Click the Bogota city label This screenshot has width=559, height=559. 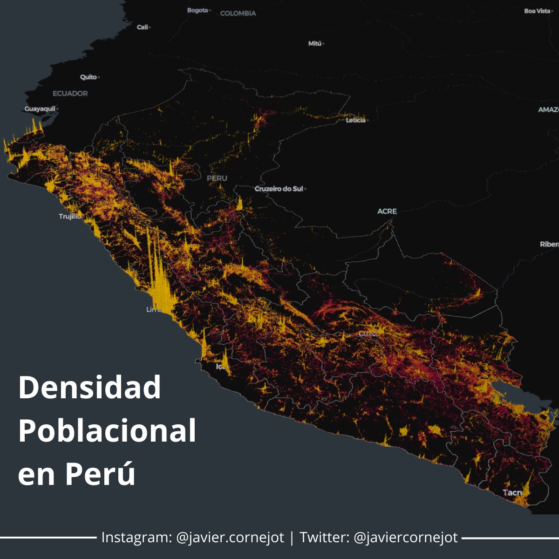(x=198, y=10)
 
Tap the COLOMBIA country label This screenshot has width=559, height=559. (x=238, y=14)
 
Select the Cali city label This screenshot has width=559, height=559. (x=142, y=27)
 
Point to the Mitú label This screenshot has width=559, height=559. (x=315, y=43)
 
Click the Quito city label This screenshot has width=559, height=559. (x=89, y=77)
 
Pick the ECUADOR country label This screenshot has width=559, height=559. (x=70, y=94)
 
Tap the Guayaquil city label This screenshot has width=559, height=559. (x=40, y=109)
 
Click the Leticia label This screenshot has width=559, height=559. (x=356, y=120)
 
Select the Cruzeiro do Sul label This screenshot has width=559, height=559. (x=279, y=189)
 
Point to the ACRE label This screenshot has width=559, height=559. (x=387, y=211)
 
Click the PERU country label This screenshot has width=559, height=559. (x=217, y=178)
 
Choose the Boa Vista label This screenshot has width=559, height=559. (x=537, y=11)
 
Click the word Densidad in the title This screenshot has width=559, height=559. (x=89, y=388)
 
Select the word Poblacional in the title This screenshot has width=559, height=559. (x=107, y=431)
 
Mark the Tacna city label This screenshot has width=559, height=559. (x=512, y=492)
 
